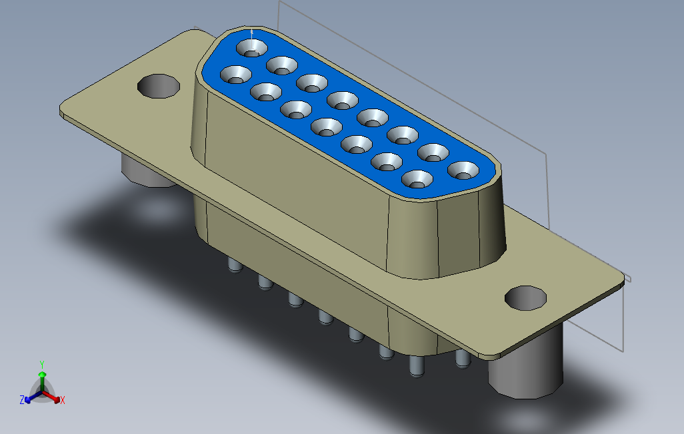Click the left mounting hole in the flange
pyautogui.click(x=159, y=86)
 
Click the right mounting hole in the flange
pyautogui.click(x=526, y=298)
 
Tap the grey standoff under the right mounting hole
pyautogui.click(x=526, y=373)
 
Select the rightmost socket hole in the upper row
pyautogui.click(x=463, y=171)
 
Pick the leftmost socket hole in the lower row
pyautogui.click(x=236, y=75)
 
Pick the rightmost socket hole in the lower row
pyautogui.click(x=417, y=179)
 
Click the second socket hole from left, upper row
pyautogui.click(x=282, y=65)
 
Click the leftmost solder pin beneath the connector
pyautogui.click(x=234, y=266)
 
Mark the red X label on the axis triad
pyautogui.click(x=62, y=400)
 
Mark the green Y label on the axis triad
pyautogui.click(x=41, y=364)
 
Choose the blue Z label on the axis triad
pyautogui.click(x=22, y=400)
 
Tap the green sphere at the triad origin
pyautogui.click(x=41, y=376)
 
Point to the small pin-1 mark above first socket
pyautogui.click(x=251, y=32)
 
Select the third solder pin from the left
pyautogui.click(x=294, y=300)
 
